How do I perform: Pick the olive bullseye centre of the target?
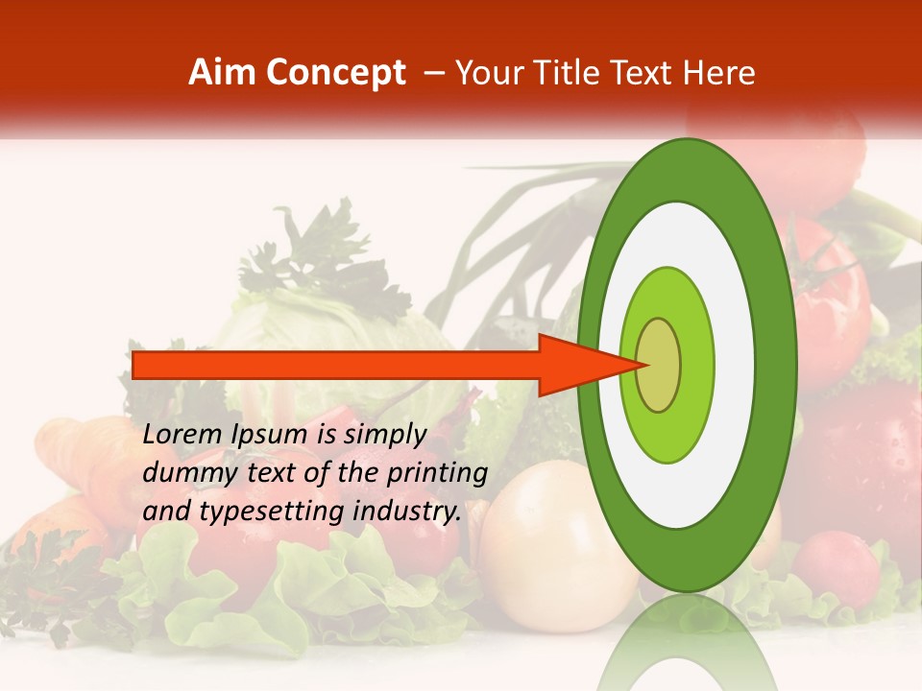pyautogui.click(x=659, y=365)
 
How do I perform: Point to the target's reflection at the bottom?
pyautogui.click(x=688, y=648)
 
